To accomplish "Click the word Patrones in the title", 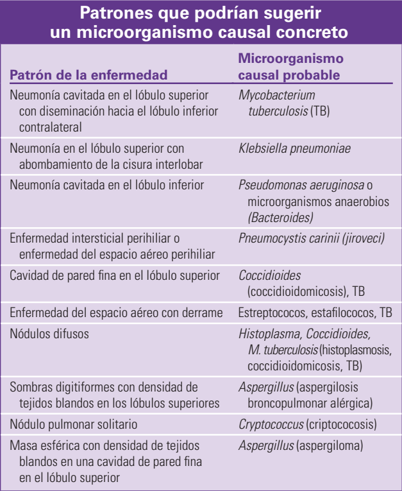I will pyautogui.click(x=113, y=13).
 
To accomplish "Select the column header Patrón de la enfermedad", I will pyautogui.click(x=88, y=74).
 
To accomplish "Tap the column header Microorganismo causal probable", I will pyautogui.click(x=290, y=67).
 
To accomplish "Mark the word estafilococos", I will pyautogui.click(x=341, y=313).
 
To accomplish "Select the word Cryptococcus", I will pyautogui.click(x=271, y=424).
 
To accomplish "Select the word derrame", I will pyautogui.click(x=204, y=313).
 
